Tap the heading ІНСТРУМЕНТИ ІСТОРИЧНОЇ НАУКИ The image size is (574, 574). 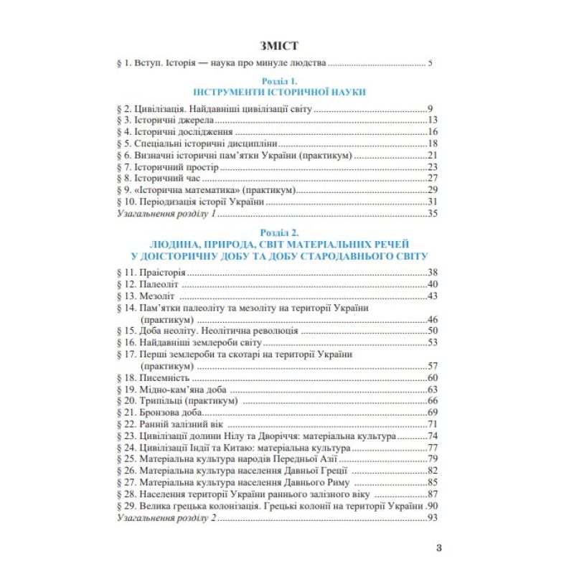point(279,93)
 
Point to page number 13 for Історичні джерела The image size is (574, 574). point(431,121)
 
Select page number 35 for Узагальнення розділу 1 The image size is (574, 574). point(431,213)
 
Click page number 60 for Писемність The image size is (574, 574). point(431,377)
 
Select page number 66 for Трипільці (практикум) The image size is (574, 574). point(431,401)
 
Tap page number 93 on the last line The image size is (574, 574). point(431,517)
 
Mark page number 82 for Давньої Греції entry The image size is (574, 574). point(431,471)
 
